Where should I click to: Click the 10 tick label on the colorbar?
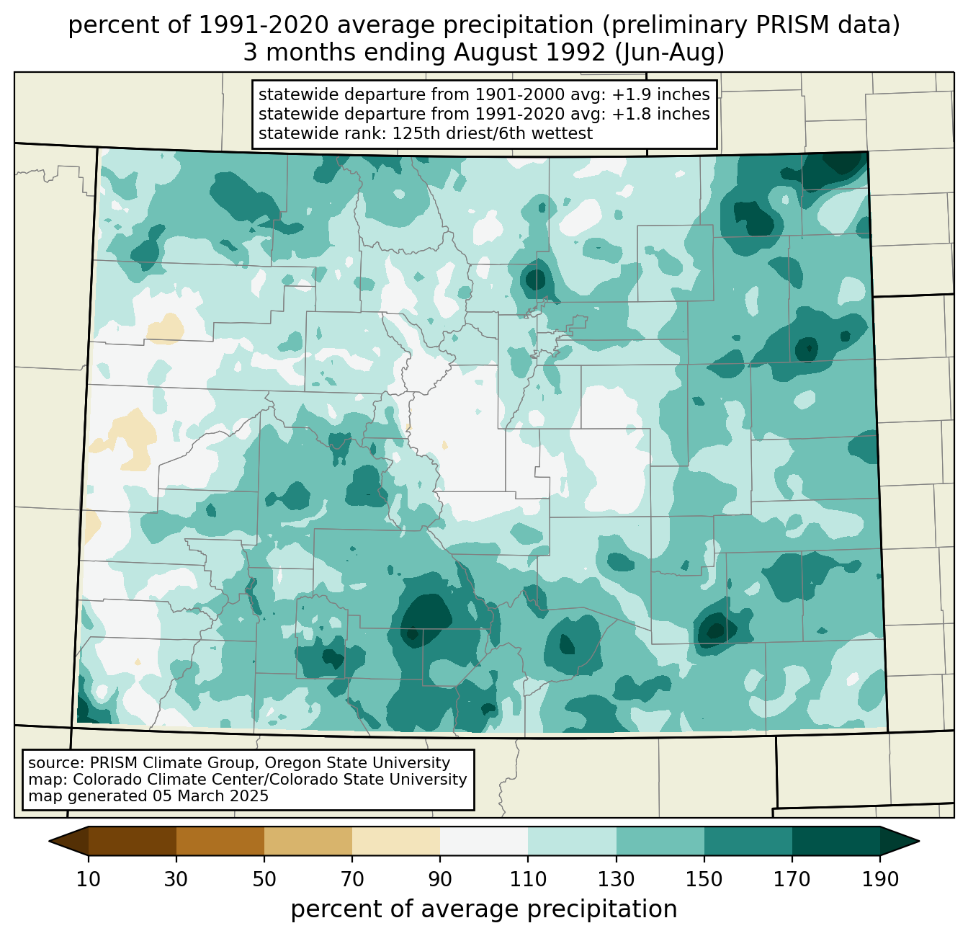tap(89, 880)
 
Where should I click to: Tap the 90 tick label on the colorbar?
tap(440, 880)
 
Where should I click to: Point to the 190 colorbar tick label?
tap(880, 880)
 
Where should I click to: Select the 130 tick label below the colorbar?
tap(617, 880)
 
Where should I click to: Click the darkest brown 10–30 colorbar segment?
tap(133, 841)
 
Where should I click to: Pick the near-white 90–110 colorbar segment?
tap(484, 841)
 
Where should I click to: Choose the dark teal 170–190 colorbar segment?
tap(835, 841)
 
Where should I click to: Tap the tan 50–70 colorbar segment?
tap(308, 841)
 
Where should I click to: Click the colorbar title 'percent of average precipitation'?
tap(484, 909)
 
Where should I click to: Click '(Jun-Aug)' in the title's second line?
tap(677, 53)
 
